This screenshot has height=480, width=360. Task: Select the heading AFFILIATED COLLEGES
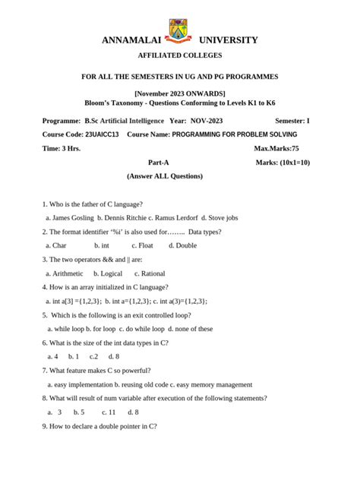180,57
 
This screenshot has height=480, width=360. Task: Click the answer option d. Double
182,245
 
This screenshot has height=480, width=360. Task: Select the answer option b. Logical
108,273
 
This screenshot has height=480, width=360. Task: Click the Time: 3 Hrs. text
62,148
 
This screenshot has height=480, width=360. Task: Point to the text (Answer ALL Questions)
165,175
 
